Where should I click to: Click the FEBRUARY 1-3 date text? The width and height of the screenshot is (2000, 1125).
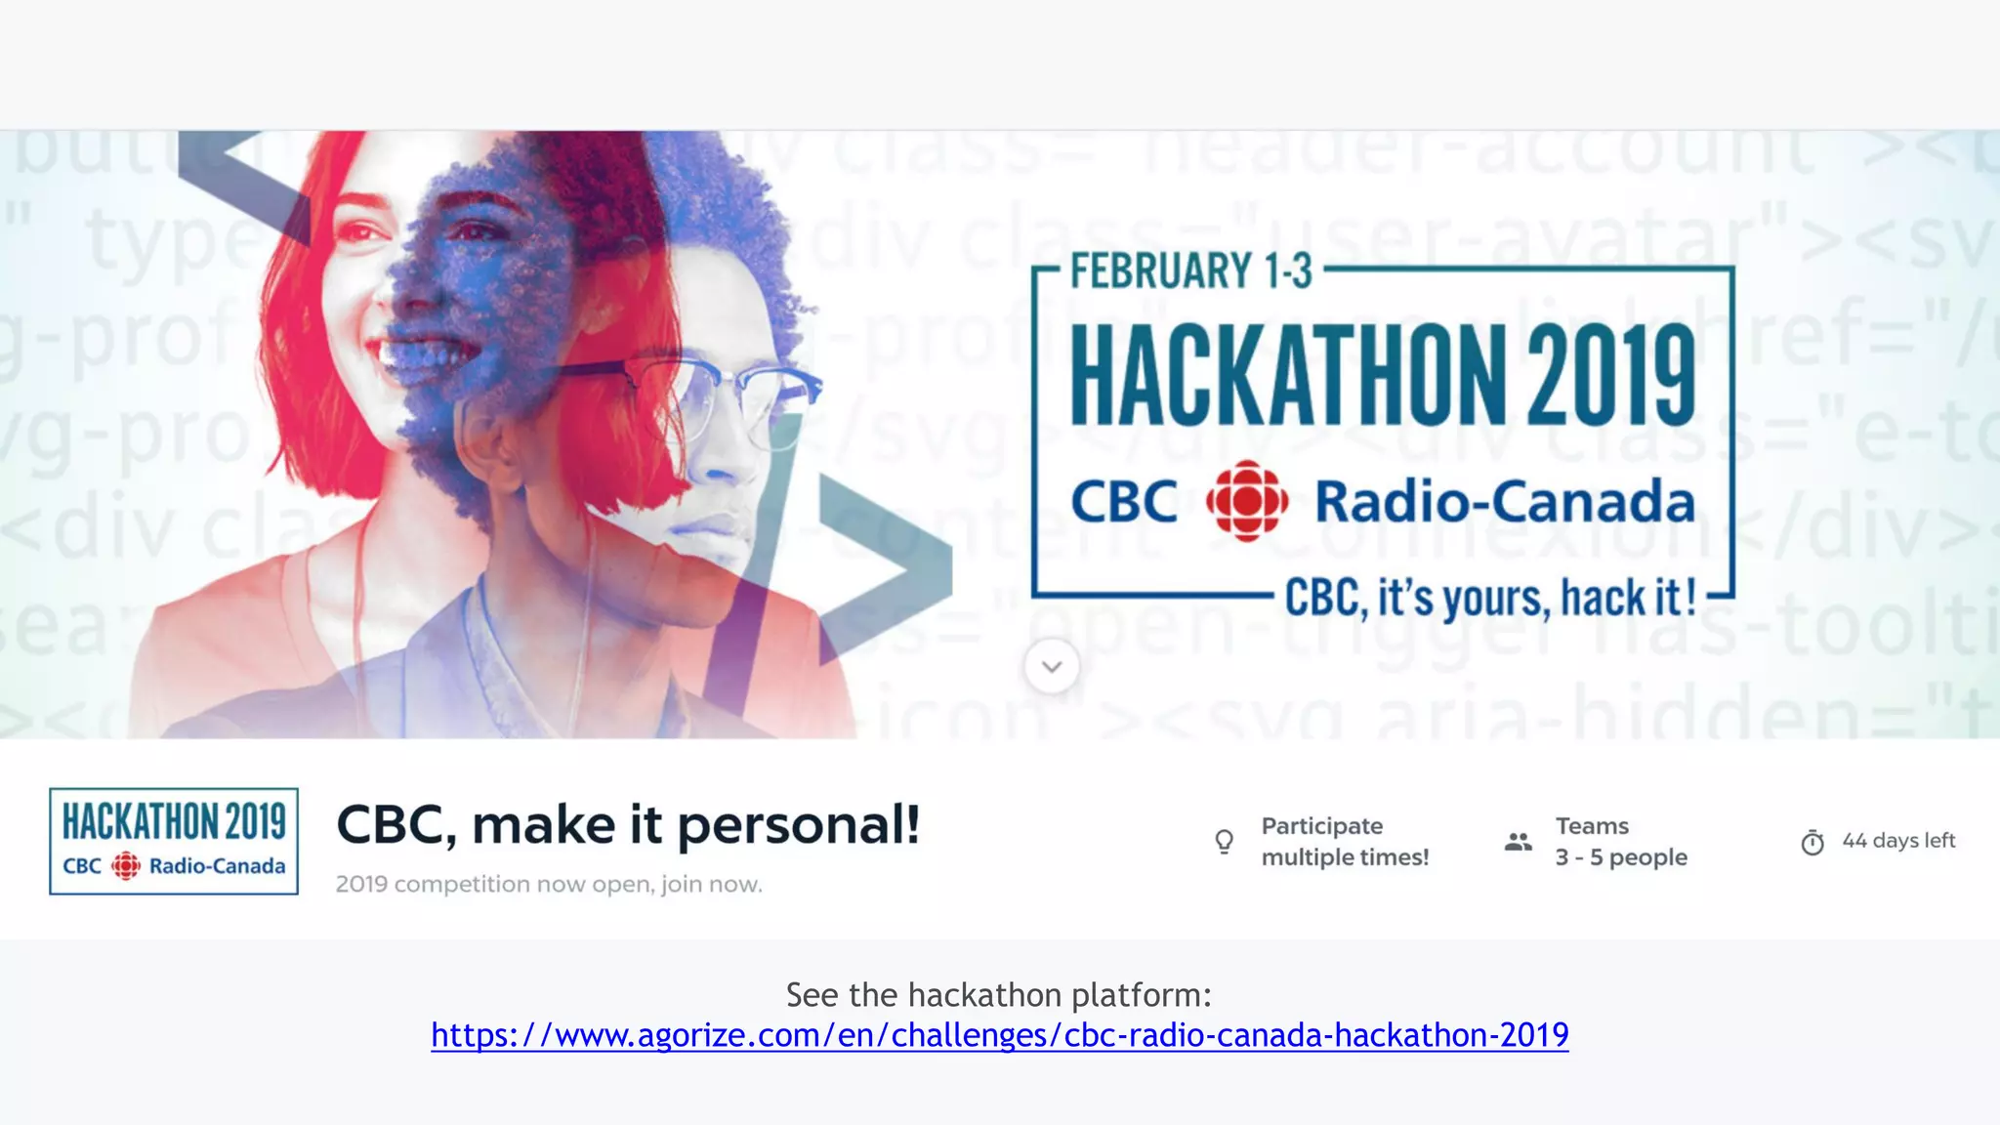coord(1191,271)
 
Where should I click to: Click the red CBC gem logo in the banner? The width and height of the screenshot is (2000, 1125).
coord(1246,501)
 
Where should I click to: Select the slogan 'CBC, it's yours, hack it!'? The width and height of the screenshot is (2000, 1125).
coord(1490,598)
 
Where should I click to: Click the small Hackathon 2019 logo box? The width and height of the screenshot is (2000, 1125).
coord(174,841)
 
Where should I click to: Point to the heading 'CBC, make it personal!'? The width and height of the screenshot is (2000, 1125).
coord(628,825)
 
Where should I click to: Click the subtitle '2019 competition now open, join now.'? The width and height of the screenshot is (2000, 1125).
coord(549,884)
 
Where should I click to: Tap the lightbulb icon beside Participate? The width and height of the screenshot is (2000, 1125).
coord(1224,841)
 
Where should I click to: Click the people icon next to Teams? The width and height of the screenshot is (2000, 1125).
coord(1518,841)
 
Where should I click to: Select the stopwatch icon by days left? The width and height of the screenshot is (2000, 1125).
coord(1812,842)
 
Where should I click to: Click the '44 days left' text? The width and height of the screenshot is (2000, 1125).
coord(1898,840)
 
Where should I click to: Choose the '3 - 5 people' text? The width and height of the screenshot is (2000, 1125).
coord(1621,857)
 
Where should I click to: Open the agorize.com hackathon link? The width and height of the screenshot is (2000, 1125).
coord(999,1035)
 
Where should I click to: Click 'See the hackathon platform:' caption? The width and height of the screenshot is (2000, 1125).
coord(998,995)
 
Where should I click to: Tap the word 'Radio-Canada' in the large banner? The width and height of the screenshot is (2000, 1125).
coord(1504,502)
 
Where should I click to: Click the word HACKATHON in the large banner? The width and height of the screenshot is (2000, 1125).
coord(1289,376)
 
